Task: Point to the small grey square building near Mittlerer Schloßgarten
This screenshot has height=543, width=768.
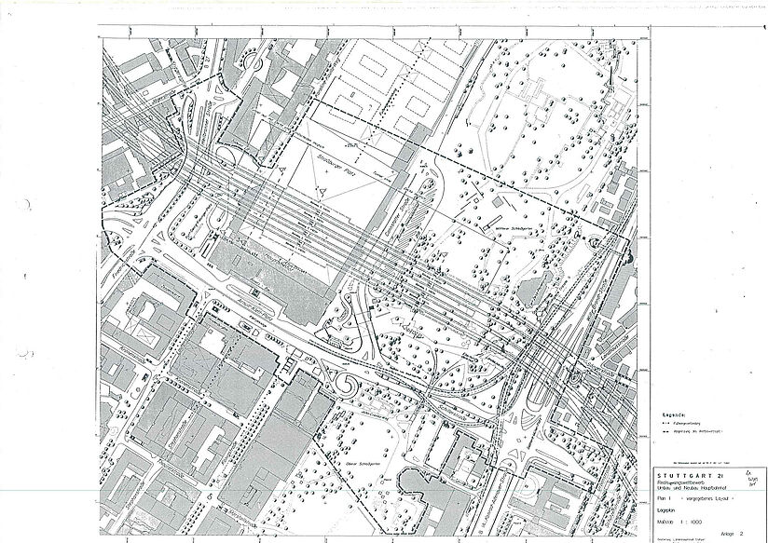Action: click(477, 198)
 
